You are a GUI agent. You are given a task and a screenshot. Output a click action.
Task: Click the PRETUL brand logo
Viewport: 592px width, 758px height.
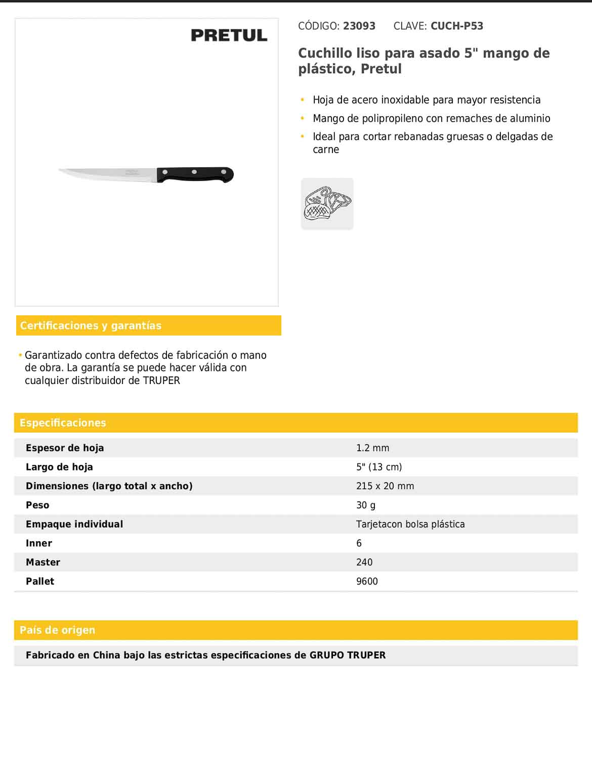229,35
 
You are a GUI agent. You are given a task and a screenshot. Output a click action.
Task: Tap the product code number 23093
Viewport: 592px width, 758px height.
359,26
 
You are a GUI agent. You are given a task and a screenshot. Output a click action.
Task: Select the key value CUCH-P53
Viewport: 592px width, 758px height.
457,26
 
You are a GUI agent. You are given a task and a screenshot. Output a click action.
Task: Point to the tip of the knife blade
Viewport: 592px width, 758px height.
60,170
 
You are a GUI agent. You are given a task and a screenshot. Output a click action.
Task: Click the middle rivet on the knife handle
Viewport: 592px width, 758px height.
194,172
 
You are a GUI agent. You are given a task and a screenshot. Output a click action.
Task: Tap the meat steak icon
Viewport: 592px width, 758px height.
327,204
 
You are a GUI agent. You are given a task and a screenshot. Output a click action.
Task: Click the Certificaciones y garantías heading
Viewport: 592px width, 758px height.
91,325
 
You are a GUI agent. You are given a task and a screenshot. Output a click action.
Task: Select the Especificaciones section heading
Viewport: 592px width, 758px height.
63,422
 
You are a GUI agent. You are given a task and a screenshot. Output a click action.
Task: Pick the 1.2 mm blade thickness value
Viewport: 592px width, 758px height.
373,448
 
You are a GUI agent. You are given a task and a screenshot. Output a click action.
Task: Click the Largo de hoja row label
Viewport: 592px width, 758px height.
59,467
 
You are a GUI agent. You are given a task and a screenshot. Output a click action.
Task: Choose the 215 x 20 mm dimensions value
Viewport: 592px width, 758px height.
385,486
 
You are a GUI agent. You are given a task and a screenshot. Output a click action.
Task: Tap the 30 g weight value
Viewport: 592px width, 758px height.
366,505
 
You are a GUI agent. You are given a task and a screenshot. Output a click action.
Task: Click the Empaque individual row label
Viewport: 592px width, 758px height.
74,524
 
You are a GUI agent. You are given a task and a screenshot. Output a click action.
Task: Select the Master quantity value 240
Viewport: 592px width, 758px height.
364,562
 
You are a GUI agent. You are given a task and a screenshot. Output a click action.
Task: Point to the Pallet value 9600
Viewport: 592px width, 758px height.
367,581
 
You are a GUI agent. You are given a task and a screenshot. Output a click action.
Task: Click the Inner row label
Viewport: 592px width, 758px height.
39,543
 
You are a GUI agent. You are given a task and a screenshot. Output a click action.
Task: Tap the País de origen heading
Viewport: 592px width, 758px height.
57,630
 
